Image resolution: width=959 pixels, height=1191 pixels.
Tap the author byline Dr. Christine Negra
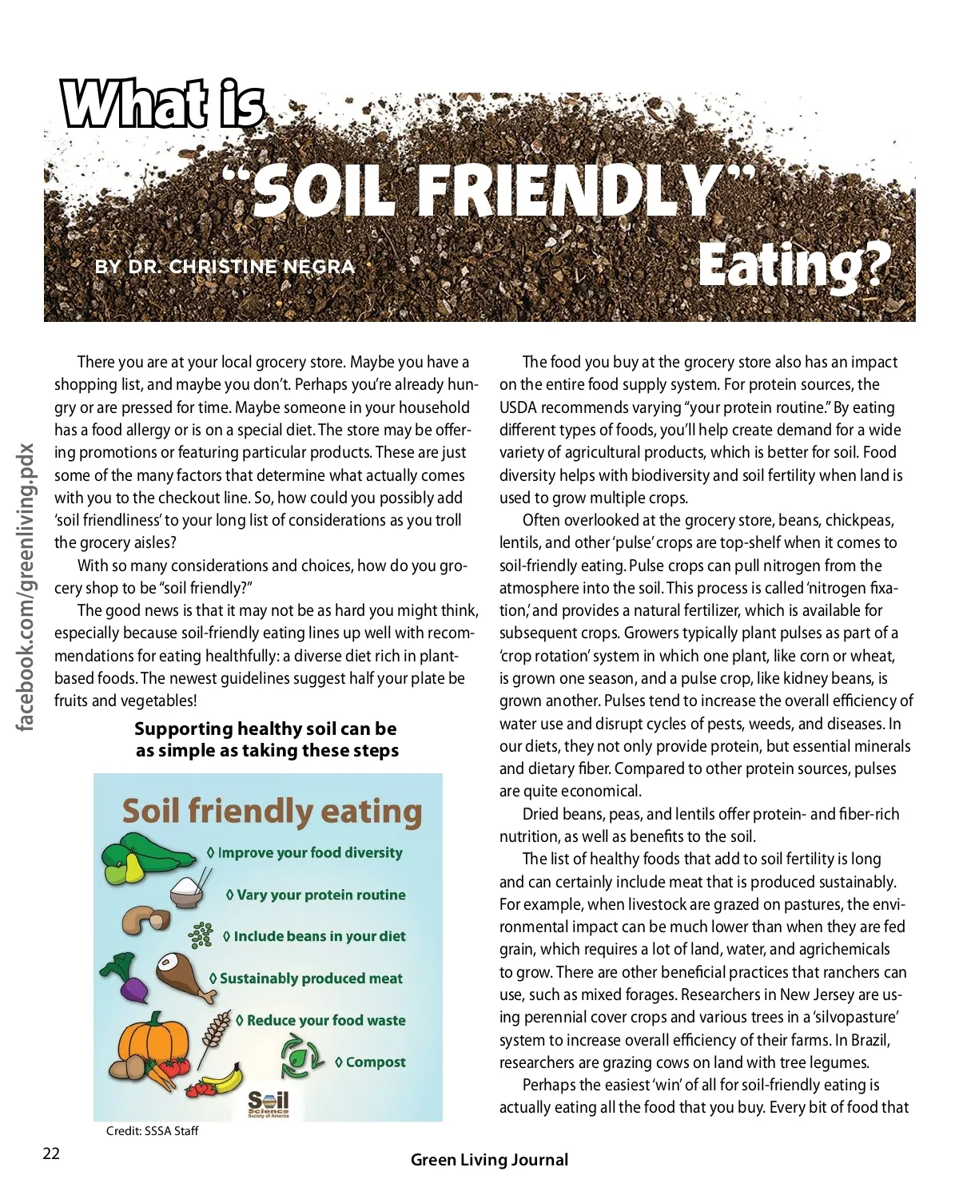point(225,267)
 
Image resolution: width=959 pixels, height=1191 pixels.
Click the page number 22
point(51,1153)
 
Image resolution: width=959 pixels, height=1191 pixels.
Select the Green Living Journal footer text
point(489,1160)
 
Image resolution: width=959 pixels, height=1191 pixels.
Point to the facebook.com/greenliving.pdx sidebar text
point(26,587)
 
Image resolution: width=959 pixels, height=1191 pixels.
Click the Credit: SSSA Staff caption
point(152,1131)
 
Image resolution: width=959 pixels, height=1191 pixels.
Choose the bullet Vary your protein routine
point(320,895)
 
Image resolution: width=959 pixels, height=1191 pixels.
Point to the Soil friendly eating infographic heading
point(272,811)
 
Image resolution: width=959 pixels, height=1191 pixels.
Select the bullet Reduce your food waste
point(325,1020)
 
